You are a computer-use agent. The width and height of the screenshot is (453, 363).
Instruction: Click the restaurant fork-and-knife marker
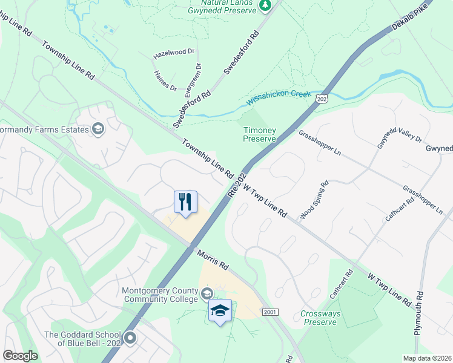coord(185,201)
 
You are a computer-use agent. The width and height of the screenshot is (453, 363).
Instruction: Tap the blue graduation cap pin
coord(220,310)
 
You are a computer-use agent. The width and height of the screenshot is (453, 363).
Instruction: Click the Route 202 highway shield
coord(322,99)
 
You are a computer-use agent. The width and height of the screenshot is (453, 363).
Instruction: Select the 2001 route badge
coord(270,312)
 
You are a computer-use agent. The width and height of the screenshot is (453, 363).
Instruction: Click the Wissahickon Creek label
coord(279,99)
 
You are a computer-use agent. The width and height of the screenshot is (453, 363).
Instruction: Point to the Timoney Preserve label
coord(259,134)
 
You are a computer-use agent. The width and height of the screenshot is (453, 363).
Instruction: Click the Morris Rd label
coord(211,258)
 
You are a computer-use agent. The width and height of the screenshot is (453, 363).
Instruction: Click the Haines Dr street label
coord(165,80)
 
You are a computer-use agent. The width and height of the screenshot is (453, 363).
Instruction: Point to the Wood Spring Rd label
coord(315,200)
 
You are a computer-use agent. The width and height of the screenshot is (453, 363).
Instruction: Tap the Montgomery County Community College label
coord(160,294)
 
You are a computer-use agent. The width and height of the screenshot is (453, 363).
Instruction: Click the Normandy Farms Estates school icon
coord(98,129)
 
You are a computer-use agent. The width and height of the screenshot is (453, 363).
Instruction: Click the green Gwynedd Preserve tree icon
coord(265,5)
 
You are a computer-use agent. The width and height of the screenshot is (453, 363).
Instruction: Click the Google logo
coord(20,356)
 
